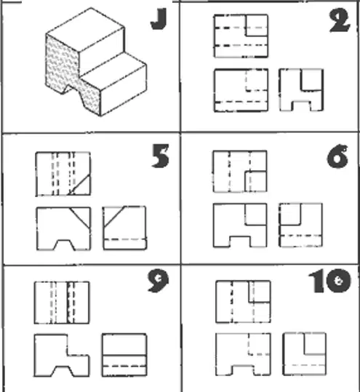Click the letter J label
pyautogui.click(x=159, y=19)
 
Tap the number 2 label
pyautogui.click(x=340, y=21)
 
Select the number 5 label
pyautogui.click(x=161, y=156)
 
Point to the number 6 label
pyautogui.click(x=337, y=156)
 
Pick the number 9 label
pyautogui.click(x=159, y=281)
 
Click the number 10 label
pyautogui.click(x=330, y=281)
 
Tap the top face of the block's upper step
pyautogui.click(x=86, y=30)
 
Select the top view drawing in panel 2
pyautogui.click(x=241, y=36)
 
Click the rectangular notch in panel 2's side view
pyautogui.click(x=302, y=105)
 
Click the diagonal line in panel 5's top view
pyautogui.click(x=79, y=185)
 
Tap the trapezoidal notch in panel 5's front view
pyautogui.click(x=64, y=245)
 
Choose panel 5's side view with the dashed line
pyautogui.click(x=125, y=228)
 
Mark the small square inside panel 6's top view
pyautogui.click(x=255, y=182)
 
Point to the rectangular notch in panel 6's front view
pyautogui.click(x=240, y=241)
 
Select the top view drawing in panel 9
pyautogui.click(x=62, y=303)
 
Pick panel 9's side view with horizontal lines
pyautogui.click(x=124, y=354)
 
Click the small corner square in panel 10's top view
pyautogui.click(x=260, y=292)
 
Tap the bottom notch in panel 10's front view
pyautogui.click(x=243, y=370)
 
